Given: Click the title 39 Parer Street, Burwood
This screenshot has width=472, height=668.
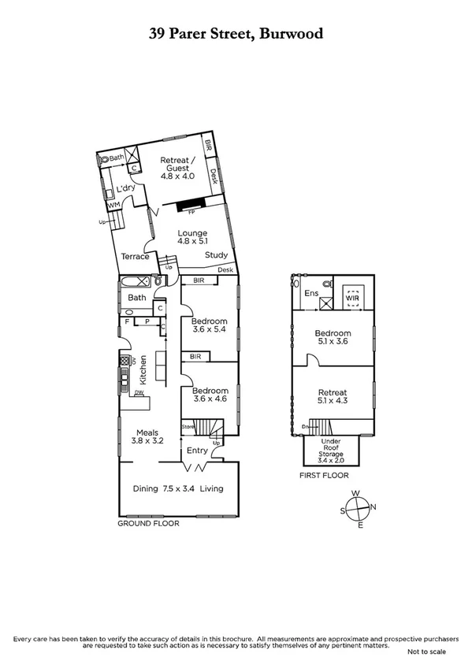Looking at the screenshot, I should (236, 34).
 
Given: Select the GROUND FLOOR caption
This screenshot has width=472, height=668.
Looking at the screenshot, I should (148, 523).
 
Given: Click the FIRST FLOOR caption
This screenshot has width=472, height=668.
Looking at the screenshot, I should (323, 476).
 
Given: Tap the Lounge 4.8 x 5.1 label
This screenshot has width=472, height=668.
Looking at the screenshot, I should (191, 238).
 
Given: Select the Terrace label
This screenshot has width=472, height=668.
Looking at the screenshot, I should (135, 257).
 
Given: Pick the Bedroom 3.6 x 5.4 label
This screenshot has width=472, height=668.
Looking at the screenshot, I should (210, 326).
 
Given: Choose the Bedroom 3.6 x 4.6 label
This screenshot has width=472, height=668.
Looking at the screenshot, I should (210, 395).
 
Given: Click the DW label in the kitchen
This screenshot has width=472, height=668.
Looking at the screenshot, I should (138, 392).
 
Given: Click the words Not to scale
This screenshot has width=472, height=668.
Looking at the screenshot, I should (426, 652).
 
